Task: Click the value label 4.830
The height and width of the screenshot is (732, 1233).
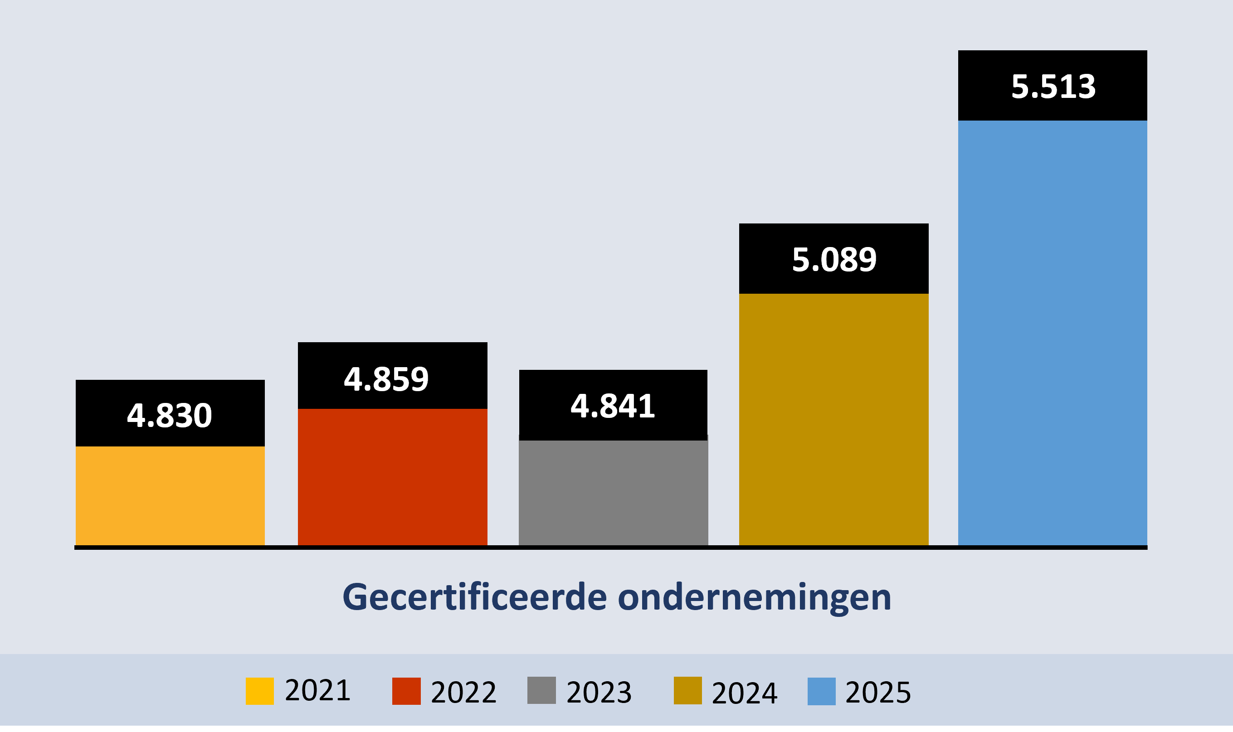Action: [x=169, y=415]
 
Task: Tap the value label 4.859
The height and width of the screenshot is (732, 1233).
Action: [x=386, y=380]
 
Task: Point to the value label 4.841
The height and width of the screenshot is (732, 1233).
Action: [x=613, y=407]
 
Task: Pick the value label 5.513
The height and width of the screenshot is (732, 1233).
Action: [x=1053, y=87]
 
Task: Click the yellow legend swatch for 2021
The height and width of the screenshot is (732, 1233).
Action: [x=259, y=692]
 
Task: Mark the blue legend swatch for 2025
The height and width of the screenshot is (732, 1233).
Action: [x=822, y=692]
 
